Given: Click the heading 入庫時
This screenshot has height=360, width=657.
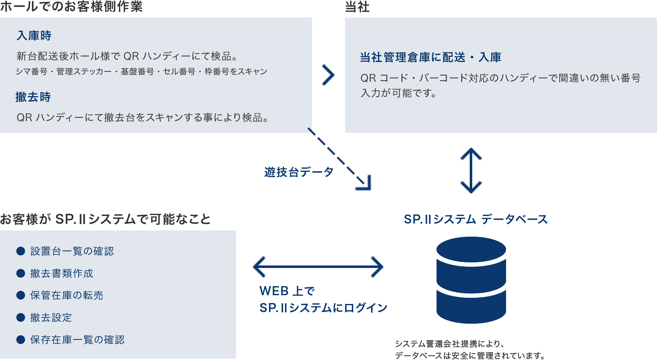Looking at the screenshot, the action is click(34, 36).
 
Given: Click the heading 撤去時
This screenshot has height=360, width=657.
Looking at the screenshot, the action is click(33, 97).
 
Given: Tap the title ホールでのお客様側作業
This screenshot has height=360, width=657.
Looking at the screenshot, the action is click(71, 6).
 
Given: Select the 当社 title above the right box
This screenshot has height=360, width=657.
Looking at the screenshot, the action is click(357, 7).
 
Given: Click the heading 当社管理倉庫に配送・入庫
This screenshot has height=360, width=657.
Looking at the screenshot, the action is click(431, 57).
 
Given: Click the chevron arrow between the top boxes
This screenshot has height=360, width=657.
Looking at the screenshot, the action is click(328, 75).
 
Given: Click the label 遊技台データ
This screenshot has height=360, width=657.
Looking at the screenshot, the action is click(299, 172).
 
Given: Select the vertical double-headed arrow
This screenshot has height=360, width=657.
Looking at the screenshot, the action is click(471, 171).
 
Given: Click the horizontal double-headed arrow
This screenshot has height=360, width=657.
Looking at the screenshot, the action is click(318, 267).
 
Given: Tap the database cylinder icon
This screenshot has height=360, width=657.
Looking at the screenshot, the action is click(471, 280).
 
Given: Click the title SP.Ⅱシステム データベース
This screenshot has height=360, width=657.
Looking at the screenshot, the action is click(476, 219).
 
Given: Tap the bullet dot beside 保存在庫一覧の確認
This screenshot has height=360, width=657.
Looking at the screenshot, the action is click(21, 340).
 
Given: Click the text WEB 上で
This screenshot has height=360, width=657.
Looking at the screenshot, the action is click(287, 291).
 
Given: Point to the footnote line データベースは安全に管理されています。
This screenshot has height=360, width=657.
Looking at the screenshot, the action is click(470, 356).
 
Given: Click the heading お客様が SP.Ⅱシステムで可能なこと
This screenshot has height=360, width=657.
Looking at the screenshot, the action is click(105, 219).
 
